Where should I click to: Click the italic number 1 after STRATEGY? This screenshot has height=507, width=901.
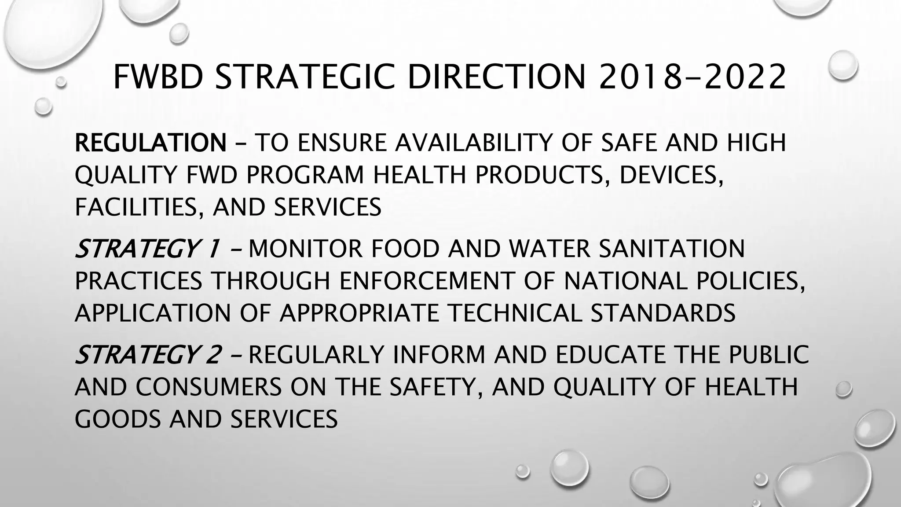(213, 249)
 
